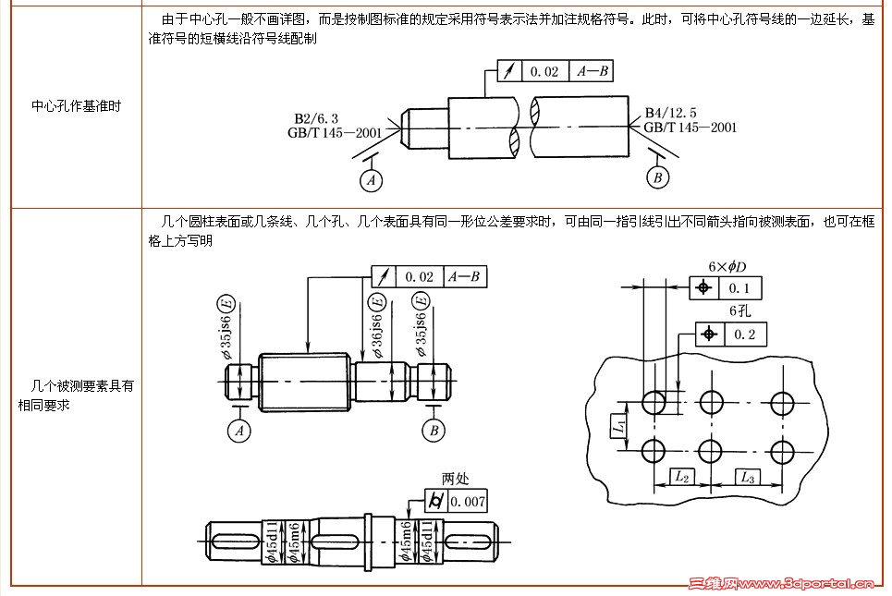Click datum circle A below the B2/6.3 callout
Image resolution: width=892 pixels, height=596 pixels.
[372, 180]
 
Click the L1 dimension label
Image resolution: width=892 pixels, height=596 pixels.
[619, 426]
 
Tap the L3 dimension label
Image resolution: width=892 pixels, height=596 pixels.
[747, 477]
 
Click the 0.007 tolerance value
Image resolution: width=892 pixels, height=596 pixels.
[468, 502]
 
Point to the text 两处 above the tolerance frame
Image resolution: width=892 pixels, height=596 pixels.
[456, 479]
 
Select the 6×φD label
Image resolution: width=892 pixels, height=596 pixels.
[727, 267]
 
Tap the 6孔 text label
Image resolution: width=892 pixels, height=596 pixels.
[739, 311]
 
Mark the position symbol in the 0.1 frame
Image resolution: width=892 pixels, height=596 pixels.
[704, 288]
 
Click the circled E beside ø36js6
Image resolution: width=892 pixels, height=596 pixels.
[376, 301]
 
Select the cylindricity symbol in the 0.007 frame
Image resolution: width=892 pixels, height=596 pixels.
[436, 502]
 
